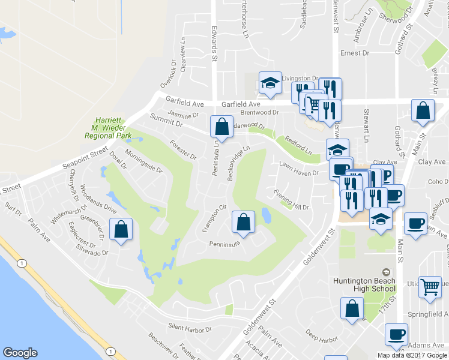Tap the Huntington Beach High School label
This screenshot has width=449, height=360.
click(x=364, y=286)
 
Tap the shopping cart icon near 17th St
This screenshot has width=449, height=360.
click(x=430, y=287)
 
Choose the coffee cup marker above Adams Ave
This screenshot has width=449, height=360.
click(x=396, y=334)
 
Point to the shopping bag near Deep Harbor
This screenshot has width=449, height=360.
click(x=352, y=308)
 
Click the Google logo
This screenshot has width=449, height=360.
click(x=20, y=353)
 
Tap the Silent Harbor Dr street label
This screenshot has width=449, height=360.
click(x=190, y=329)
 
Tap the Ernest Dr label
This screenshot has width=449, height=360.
click(x=354, y=53)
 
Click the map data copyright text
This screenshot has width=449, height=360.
click(x=412, y=355)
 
